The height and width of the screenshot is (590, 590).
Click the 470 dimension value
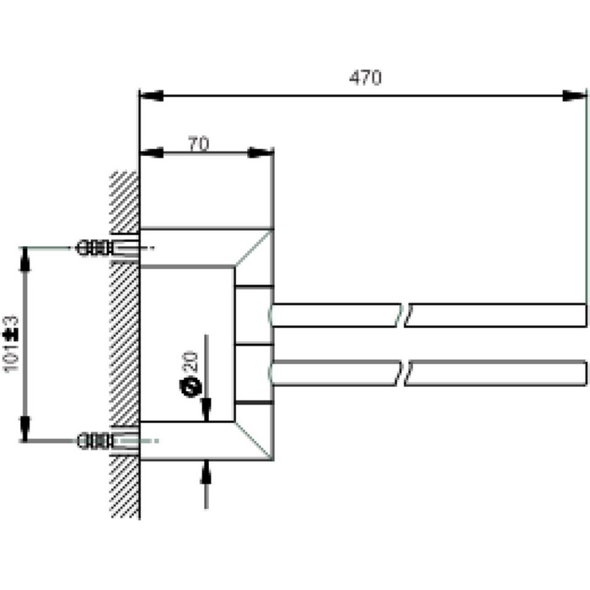pyautogui.click(x=365, y=78)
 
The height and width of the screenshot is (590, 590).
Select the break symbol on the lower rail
pyautogui.click(x=405, y=373)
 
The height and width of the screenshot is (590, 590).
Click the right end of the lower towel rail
pyautogui.click(x=582, y=373)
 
